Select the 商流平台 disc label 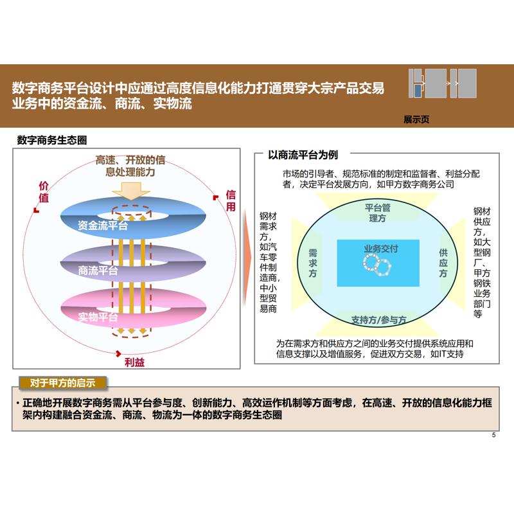coord(98,270)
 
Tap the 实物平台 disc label coord(98,317)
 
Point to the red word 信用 coord(231,200)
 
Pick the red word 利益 coord(134,362)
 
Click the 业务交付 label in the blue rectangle coord(380,249)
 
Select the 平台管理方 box coord(378,213)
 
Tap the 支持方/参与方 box coord(379,319)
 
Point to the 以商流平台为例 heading coord(303,155)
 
